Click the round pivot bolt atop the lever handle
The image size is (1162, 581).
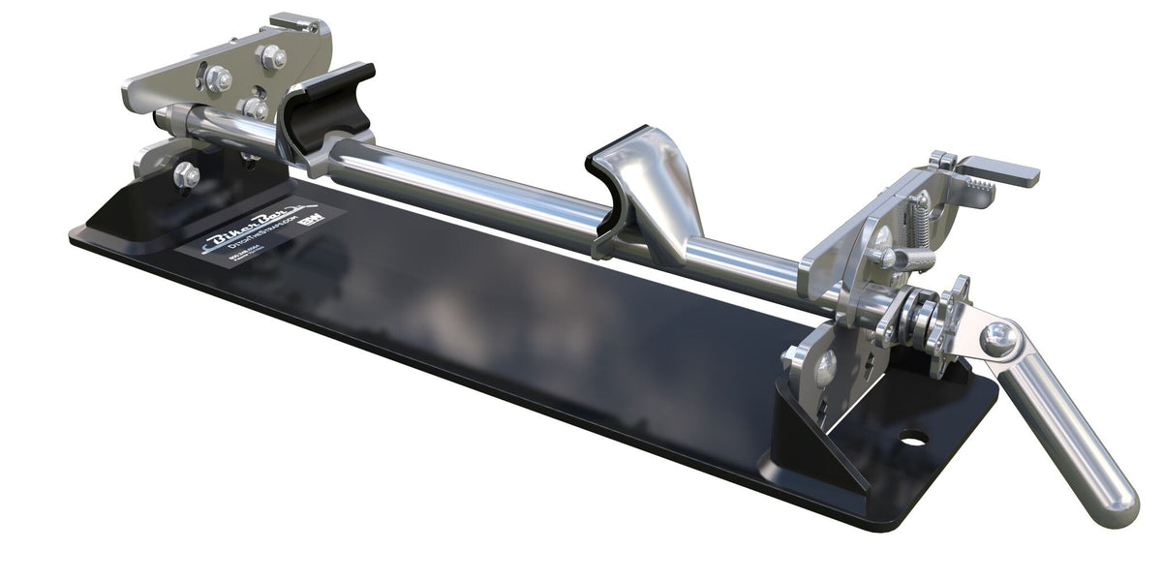pos(998,339)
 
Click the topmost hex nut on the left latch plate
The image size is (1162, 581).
pos(273,56)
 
